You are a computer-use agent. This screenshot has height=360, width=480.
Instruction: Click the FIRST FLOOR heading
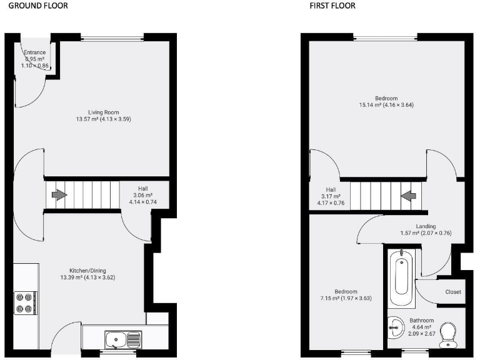click(332, 6)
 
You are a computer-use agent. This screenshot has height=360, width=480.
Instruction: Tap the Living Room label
click(103, 112)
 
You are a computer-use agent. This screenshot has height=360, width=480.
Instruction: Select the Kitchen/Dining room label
click(87, 270)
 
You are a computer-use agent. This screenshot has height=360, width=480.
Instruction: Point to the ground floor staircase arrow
click(57, 195)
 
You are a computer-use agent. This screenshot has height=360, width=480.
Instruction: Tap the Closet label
click(453, 292)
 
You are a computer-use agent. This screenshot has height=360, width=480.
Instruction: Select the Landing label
click(426, 226)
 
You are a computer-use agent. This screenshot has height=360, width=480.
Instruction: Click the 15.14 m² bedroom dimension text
click(386, 105)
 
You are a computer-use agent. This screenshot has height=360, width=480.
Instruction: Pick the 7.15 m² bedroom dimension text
click(346, 299)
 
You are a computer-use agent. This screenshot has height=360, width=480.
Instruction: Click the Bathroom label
click(422, 320)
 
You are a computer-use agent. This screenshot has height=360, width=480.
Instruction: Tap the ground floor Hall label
click(142, 187)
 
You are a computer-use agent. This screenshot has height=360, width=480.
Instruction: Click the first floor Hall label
click(331, 189)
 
